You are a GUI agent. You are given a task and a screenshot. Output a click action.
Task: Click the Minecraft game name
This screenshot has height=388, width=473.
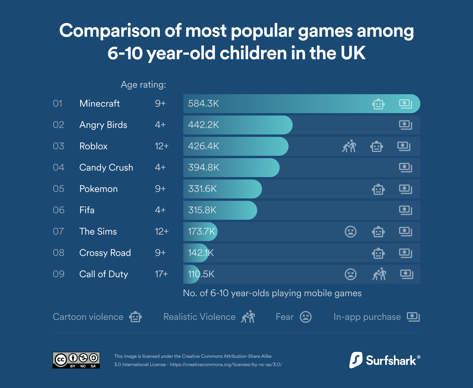pos(100,103)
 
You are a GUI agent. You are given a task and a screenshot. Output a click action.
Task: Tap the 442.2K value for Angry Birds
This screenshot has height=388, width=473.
pos(203,125)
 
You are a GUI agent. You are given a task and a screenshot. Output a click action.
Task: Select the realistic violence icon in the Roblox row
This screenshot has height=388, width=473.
pos(349,146)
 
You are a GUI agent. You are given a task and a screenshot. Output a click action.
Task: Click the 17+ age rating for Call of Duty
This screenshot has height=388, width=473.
pos(161,274)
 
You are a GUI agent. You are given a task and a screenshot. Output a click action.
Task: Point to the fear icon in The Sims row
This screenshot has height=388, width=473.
pos(351,231)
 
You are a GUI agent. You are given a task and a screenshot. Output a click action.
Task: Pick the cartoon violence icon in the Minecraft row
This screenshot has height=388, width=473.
pos(378,104)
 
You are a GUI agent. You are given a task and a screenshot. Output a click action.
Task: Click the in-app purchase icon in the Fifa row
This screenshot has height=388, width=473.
pos(405,210)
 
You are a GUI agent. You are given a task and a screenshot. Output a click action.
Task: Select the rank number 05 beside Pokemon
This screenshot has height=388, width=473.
pos(59,189)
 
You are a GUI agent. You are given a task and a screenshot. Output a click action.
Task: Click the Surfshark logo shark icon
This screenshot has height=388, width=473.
pos(356,360)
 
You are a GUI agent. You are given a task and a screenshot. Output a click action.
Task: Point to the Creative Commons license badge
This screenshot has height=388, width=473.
pos(76,360)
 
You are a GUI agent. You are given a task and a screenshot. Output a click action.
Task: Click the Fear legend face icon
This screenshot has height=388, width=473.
pos(306,317)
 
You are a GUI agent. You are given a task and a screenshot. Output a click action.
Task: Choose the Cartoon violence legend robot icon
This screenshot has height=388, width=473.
pos(135,317)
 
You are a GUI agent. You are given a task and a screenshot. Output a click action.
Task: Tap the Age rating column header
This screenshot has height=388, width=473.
pos(143,85)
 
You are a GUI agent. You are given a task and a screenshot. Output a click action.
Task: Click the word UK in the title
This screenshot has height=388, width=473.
pos(353,53)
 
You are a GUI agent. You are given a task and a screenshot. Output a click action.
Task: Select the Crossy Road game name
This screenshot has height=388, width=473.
pos(105,253)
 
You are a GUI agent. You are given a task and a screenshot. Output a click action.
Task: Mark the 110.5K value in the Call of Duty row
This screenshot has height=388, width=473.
pos(201,274)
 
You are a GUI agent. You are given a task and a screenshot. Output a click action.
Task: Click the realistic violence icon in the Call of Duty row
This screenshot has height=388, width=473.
pos(379,274)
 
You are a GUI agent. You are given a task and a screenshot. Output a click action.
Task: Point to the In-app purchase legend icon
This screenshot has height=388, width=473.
pos(413,317)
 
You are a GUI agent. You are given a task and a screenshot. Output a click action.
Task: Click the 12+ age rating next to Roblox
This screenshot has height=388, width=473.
pos(161,146)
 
